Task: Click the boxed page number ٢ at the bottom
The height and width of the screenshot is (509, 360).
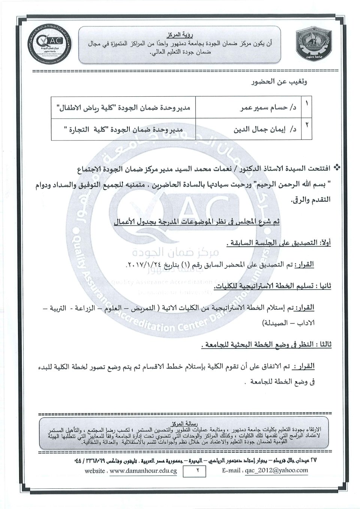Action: point(196,470)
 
